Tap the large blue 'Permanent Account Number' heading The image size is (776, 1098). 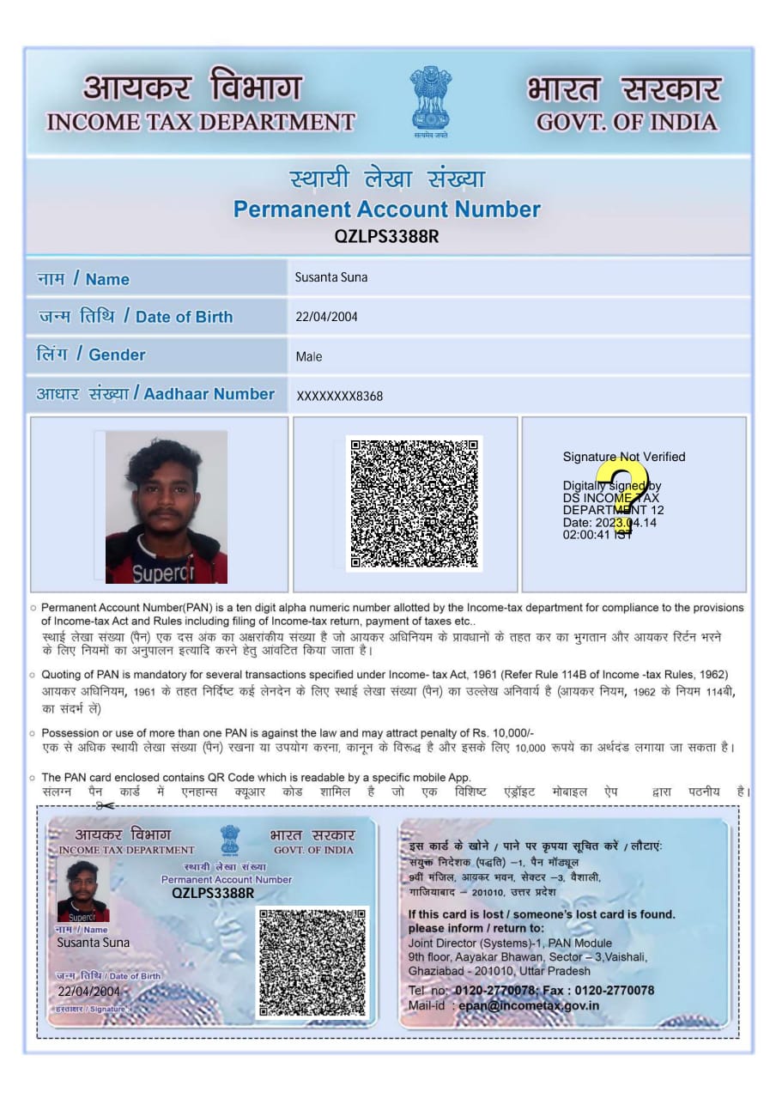tap(387, 209)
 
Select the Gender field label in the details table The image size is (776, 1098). tap(90, 355)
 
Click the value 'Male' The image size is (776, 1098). tap(309, 356)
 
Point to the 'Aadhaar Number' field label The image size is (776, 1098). tap(155, 394)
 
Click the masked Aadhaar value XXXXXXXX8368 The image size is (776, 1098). tap(340, 396)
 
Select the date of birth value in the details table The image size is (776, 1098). tap(326, 317)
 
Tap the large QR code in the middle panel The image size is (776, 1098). tap(414, 503)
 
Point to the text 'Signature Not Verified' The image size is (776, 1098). tap(624, 457)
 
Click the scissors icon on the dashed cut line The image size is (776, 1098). tap(105, 805)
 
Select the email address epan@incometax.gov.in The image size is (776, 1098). tap(529, 1005)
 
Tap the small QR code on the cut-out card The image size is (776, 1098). tap(312, 962)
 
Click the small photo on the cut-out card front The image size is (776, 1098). tap(83, 890)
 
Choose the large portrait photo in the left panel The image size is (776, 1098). tap(167, 507)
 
